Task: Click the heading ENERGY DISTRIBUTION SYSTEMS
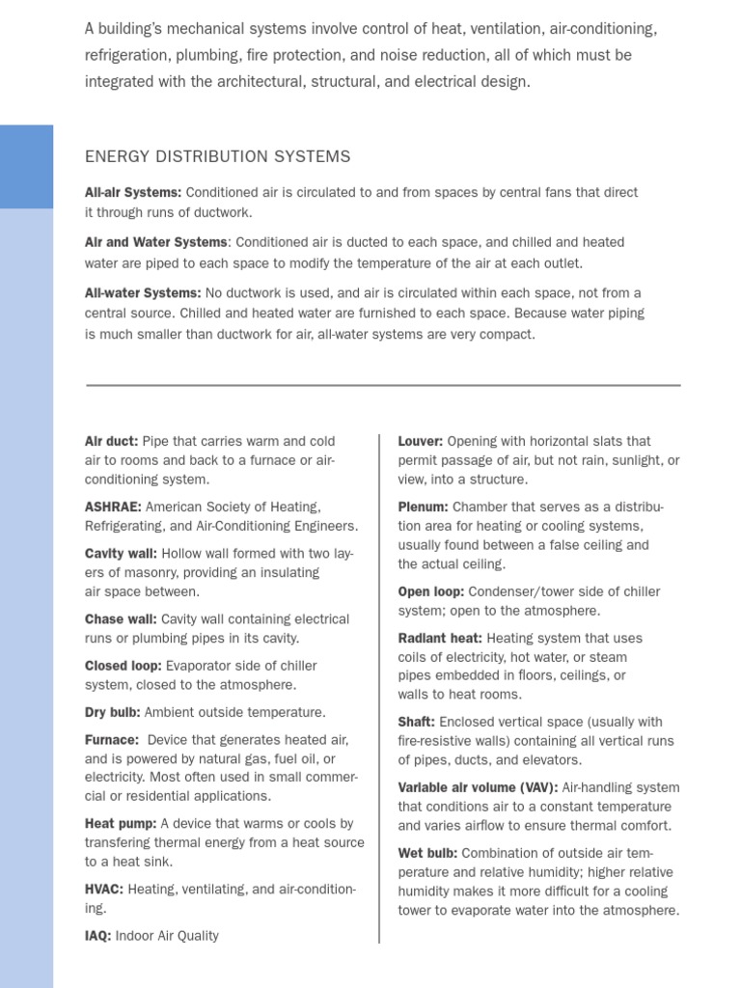point(218,156)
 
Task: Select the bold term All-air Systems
point(133,193)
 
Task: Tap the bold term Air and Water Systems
point(156,242)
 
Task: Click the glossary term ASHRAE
point(113,507)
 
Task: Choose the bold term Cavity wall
point(122,554)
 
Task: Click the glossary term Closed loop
point(123,666)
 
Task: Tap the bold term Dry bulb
point(113,712)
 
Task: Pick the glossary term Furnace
point(112,740)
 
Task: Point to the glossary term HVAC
point(104,889)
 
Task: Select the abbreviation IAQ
point(98,936)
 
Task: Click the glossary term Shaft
point(417,722)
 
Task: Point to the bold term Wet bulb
point(427,853)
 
